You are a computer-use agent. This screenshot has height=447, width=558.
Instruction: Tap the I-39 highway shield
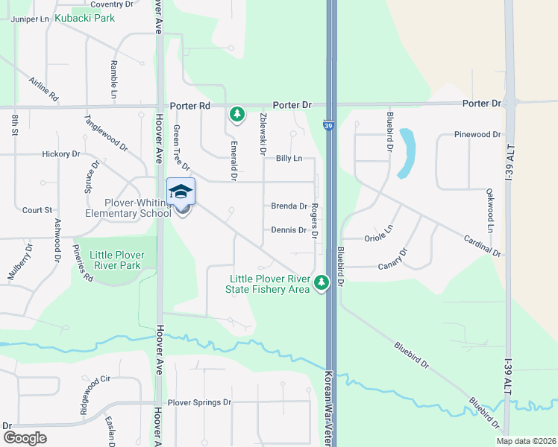coord(329,127)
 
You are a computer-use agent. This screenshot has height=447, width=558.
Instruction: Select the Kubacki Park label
coord(85,17)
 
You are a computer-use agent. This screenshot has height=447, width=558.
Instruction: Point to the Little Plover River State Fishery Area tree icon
coord(322,283)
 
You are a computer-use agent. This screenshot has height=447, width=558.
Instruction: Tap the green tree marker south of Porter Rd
coord(236,114)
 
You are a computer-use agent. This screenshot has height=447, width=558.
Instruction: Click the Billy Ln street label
coord(289,159)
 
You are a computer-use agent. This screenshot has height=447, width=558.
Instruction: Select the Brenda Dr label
coord(289,206)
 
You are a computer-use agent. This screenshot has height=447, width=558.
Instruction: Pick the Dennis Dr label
coord(289,230)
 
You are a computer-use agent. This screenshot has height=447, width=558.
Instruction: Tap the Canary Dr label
coord(394,258)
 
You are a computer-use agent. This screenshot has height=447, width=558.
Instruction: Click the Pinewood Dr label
coord(477,135)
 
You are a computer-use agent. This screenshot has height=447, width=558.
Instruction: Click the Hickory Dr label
coord(61,154)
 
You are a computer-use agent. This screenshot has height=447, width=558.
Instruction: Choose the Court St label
coord(37,211)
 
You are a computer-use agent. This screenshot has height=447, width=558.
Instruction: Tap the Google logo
coord(24,438)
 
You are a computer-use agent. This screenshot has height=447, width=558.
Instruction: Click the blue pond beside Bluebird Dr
coord(407,153)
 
